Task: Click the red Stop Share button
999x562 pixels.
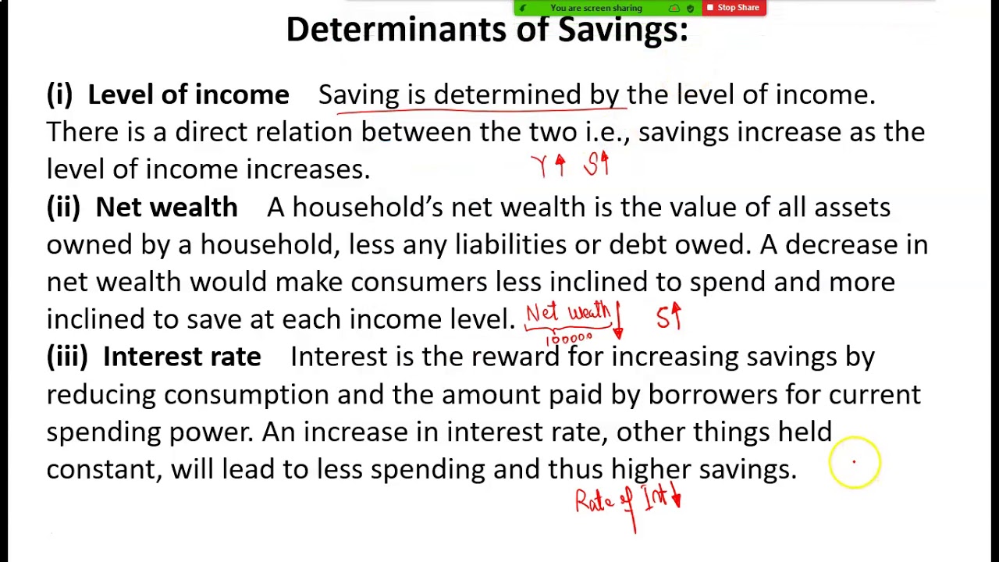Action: point(734,8)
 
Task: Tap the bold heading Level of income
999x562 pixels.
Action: point(188,94)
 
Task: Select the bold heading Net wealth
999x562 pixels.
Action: point(166,207)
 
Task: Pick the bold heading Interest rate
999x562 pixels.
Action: point(182,357)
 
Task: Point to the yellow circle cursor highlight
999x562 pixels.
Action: point(855,463)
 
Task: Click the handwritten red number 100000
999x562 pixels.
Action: point(569,339)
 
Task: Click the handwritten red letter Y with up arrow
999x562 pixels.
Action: point(548,165)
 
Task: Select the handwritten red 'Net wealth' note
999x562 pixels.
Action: point(567,314)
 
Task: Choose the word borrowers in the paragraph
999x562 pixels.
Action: point(713,394)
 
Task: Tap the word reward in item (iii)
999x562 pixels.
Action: point(515,357)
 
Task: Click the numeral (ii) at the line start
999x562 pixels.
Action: point(63,207)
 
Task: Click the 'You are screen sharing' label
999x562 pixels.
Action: point(595,8)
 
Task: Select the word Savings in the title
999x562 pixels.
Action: point(623,30)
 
